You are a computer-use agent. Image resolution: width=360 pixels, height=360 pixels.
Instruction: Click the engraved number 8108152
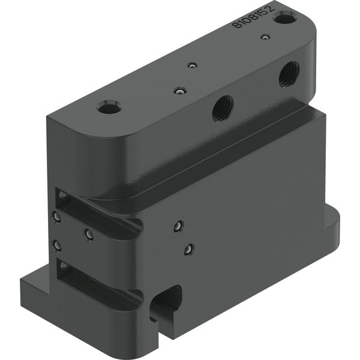pyautogui.click(x=253, y=17)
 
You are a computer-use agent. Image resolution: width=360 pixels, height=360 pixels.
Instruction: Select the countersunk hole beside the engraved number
pyautogui.click(x=285, y=18)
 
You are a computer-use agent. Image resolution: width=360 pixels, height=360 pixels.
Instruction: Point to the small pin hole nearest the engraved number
pyautogui.click(x=265, y=37)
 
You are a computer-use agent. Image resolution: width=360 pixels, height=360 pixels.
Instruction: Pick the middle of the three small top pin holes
pyautogui.click(x=192, y=65)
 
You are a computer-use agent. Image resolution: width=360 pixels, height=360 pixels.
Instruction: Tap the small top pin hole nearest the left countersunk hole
pyautogui.click(x=180, y=91)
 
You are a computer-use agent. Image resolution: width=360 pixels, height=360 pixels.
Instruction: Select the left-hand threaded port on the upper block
pyautogui.click(x=223, y=109)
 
